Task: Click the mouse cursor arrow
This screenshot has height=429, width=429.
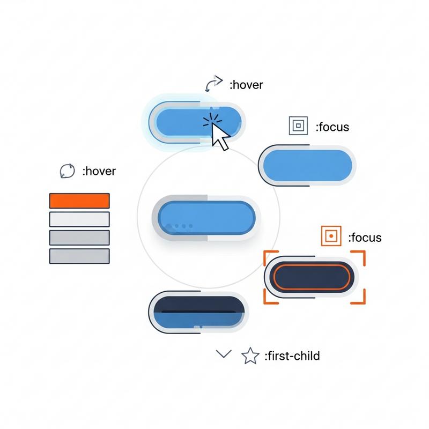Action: [x=220, y=136]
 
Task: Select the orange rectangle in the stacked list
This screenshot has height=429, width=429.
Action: [x=79, y=201]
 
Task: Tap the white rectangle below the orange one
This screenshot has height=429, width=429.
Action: [x=79, y=219]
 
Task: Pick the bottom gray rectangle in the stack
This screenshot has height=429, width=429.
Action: [x=79, y=256]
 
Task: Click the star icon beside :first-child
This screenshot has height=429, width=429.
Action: [x=250, y=356]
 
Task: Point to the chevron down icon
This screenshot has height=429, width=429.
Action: [x=224, y=353]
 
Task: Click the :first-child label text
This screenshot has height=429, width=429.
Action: [x=292, y=356]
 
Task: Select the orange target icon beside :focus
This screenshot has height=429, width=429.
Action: [x=331, y=236]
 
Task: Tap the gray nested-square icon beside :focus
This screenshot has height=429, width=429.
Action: [x=298, y=125]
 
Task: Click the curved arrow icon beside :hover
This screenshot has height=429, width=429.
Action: [x=213, y=84]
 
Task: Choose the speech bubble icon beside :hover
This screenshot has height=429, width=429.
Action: [x=67, y=171]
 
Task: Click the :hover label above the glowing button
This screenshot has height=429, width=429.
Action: [x=246, y=85]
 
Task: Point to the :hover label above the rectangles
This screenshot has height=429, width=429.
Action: [x=99, y=171]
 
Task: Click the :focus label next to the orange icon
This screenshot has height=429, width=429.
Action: [x=365, y=238]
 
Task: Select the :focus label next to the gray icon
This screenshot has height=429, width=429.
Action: [x=332, y=127]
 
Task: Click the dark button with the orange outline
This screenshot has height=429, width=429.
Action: [x=312, y=277]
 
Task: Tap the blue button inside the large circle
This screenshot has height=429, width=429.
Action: [x=206, y=218]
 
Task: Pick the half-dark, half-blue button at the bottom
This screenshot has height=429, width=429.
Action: [x=198, y=312]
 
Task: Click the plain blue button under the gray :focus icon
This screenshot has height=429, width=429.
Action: [x=307, y=165]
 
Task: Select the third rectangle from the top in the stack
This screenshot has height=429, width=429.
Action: [x=79, y=238]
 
